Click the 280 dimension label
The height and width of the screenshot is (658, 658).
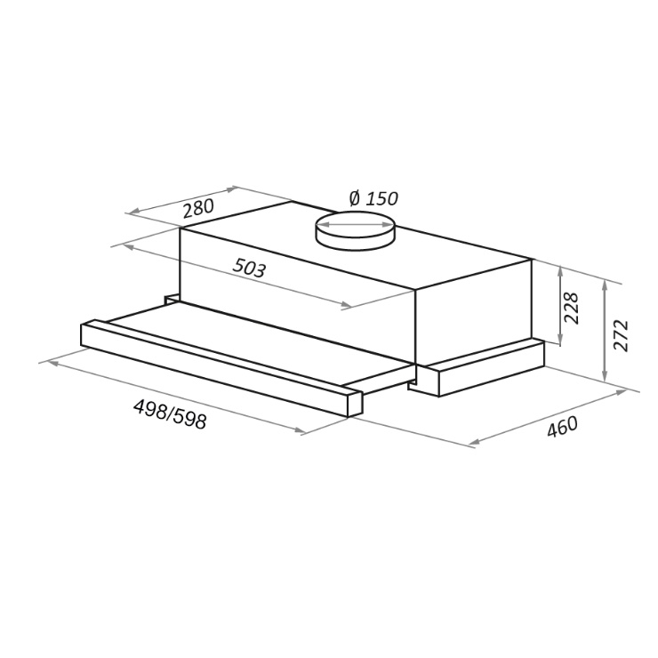point(198,209)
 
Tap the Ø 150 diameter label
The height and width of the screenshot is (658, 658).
point(373,198)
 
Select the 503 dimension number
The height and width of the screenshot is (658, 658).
point(249,269)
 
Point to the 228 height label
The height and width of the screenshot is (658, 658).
point(571,308)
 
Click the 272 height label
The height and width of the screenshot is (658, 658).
point(621,335)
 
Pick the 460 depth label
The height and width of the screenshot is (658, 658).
point(562,427)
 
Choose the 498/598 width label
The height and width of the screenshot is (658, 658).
point(170,414)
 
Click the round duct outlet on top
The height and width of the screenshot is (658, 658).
point(356,231)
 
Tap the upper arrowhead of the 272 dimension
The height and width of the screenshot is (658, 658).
point(605,286)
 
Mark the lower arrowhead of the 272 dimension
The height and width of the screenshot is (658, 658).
point(605,375)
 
